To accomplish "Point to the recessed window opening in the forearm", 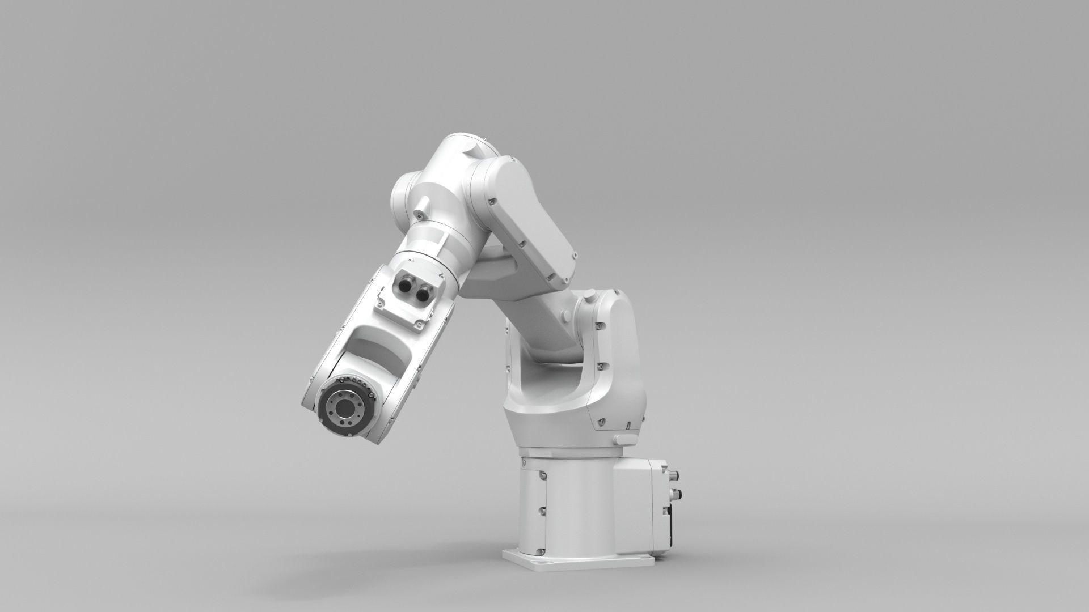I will (379, 350).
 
